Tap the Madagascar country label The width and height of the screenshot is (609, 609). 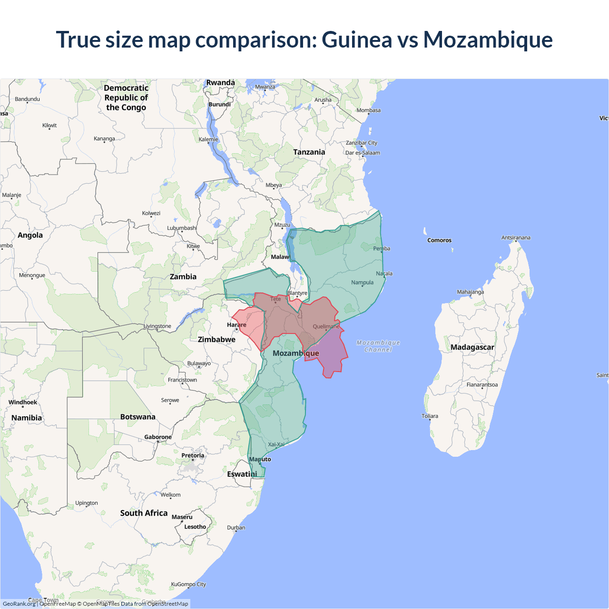(x=472, y=347)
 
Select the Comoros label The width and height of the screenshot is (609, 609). (x=439, y=240)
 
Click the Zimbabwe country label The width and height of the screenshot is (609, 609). (x=216, y=340)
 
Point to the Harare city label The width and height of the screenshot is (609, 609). (x=236, y=325)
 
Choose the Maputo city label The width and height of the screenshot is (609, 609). (x=260, y=459)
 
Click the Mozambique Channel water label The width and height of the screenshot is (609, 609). (x=378, y=346)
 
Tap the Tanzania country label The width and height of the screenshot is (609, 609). (x=309, y=152)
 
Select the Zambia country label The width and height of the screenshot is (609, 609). (x=183, y=277)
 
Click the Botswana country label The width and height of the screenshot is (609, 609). (x=138, y=417)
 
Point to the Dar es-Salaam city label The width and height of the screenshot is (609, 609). (x=363, y=153)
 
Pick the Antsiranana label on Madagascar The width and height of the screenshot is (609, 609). (x=515, y=237)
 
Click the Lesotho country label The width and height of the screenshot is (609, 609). (x=195, y=527)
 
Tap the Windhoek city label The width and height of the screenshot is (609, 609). (x=22, y=403)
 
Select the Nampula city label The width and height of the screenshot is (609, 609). (x=362, y=283)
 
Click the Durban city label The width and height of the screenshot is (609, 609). (x=236, y=528)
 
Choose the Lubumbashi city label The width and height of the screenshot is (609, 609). (x=182, y=228)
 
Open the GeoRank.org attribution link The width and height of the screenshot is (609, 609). (x=19, y=604)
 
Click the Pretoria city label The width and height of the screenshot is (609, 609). (x=193, y=456)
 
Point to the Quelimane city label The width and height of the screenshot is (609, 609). (x=326, y=326)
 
